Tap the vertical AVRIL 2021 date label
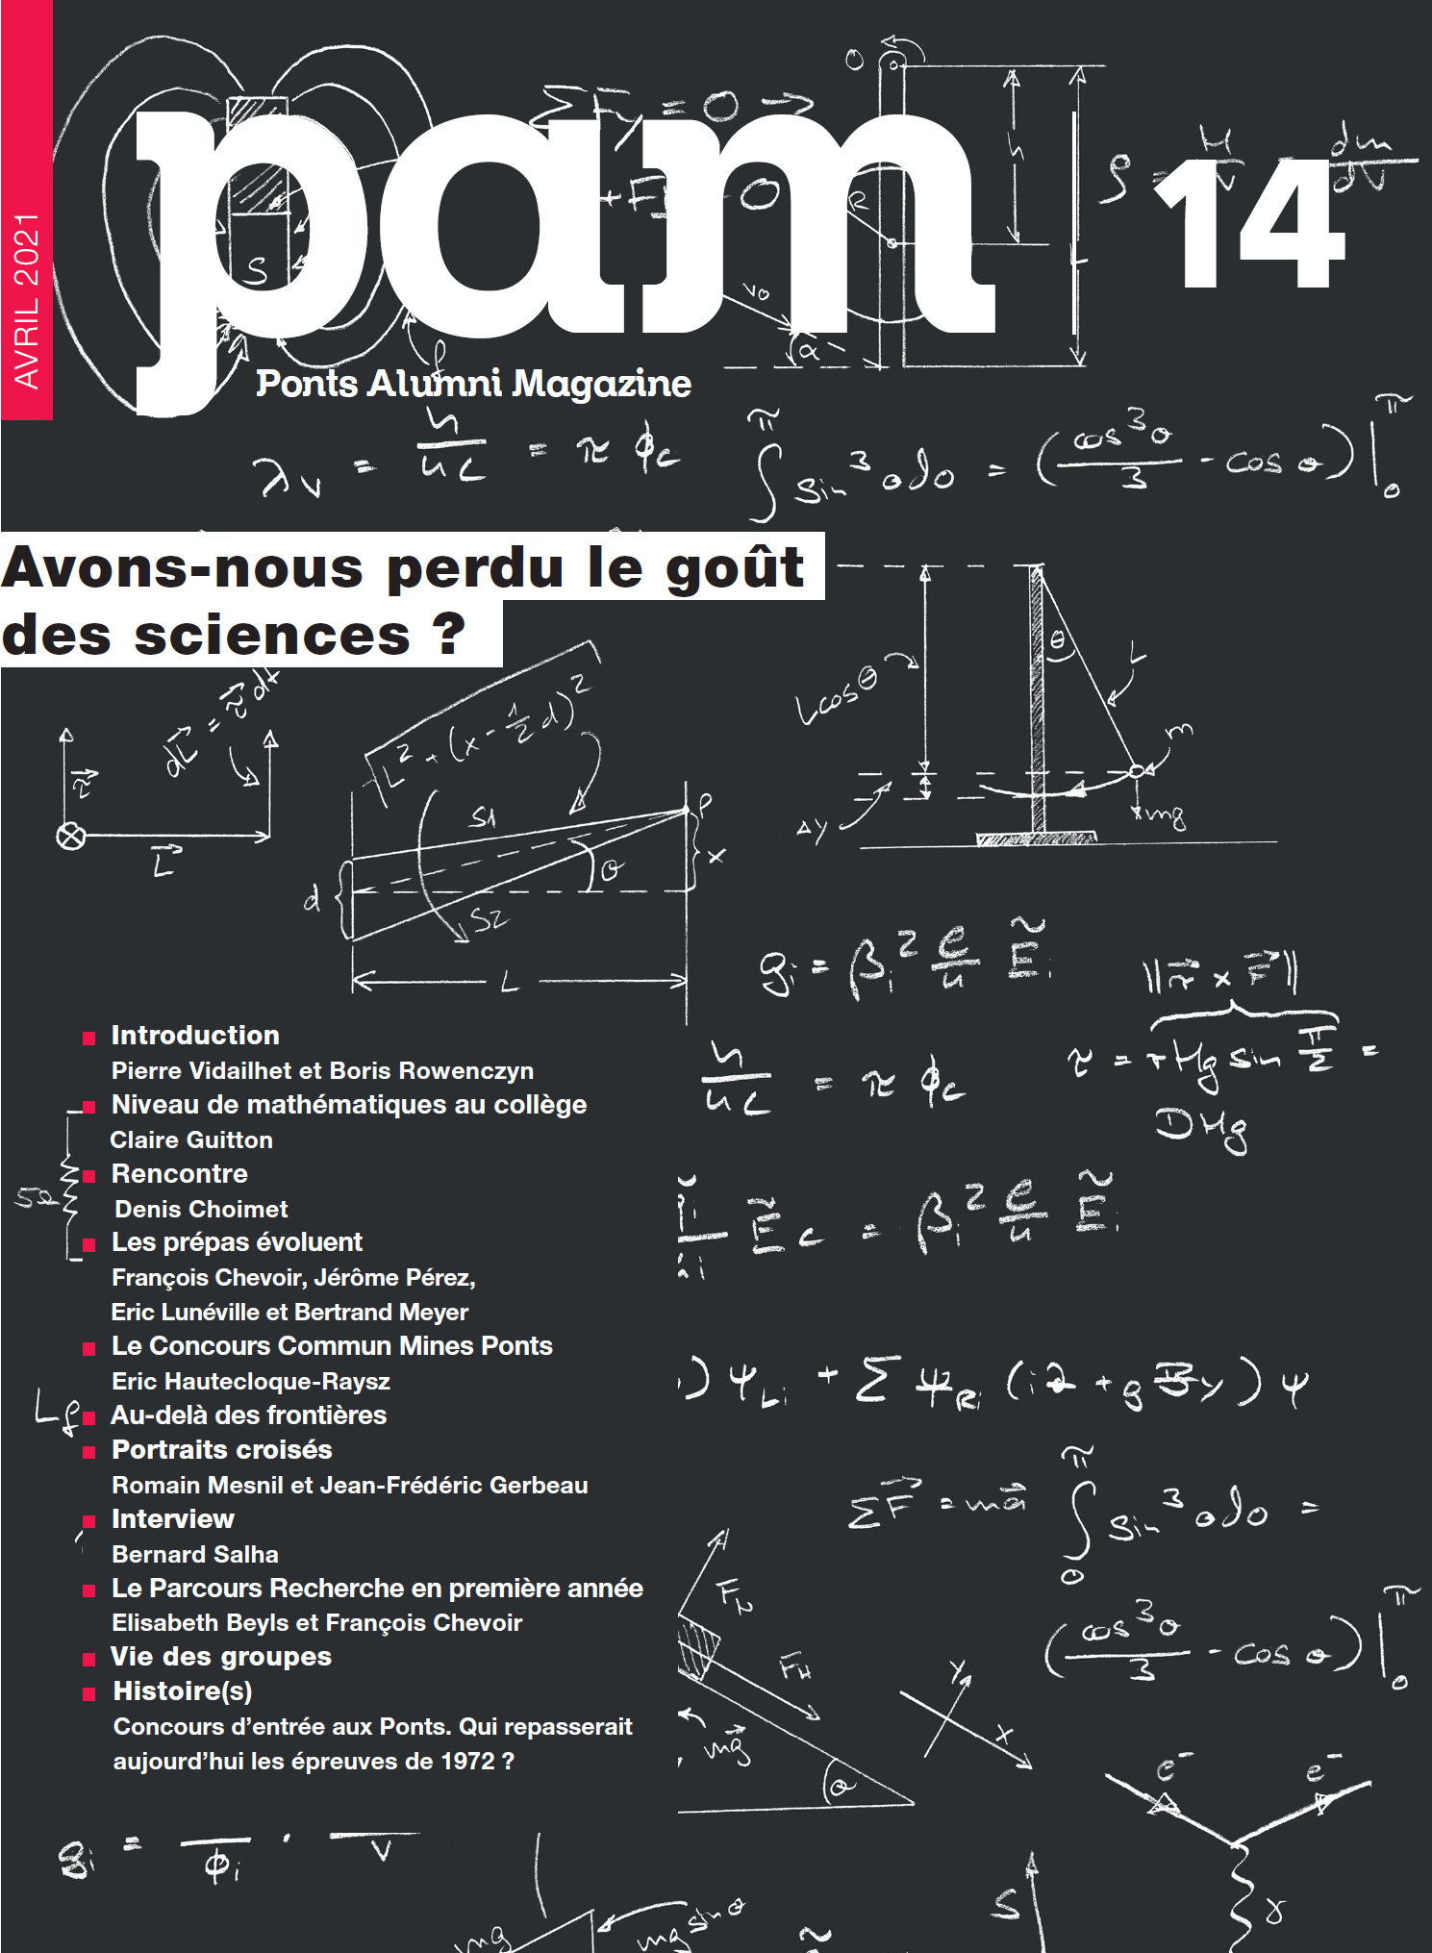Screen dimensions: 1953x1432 27,301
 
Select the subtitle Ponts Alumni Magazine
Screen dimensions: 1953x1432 473,384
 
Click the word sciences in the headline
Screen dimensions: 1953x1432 272,636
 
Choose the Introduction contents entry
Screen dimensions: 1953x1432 195,1036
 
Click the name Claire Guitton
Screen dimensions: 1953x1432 191,1140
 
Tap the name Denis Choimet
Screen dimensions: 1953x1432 201,1210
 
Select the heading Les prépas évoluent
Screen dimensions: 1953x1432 237,1242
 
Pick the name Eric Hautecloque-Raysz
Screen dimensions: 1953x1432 251,1382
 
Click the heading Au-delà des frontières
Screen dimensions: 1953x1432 249,1415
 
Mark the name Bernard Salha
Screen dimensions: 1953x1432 195,1555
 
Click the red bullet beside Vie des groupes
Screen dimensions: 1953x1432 89,1660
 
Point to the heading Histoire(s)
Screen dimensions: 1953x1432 183,1691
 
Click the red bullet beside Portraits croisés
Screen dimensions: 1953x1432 89,1452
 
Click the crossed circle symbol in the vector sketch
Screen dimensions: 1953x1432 71,837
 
